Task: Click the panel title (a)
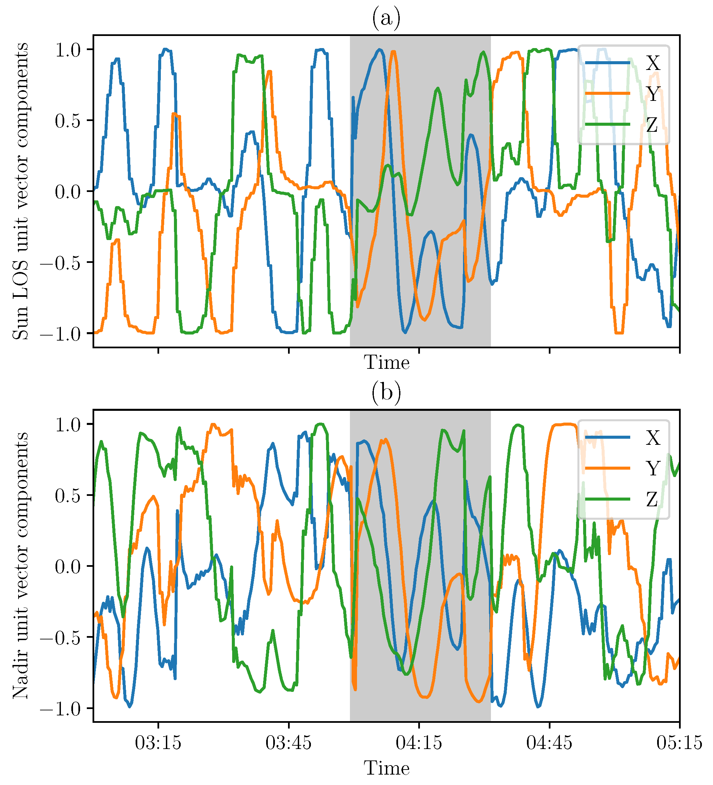coord(386,18)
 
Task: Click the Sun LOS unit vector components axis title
coord(21,191)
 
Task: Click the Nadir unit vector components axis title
coord(21,565)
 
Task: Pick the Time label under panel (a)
coord(387,363)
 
